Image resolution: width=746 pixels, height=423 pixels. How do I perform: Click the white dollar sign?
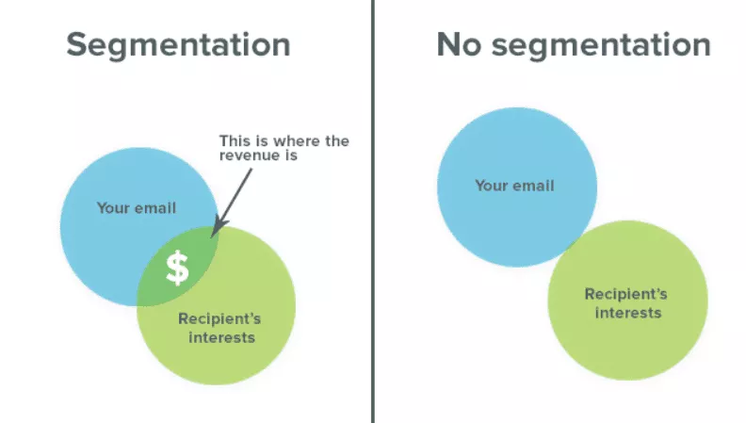177,268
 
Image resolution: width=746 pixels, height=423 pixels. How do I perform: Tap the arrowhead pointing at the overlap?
218,227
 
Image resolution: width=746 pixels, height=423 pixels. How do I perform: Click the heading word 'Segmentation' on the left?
178,45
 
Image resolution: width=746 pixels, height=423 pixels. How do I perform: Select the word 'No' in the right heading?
459,44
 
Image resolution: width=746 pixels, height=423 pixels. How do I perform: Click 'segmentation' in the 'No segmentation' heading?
601,46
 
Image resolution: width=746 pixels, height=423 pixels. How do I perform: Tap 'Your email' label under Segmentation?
137,208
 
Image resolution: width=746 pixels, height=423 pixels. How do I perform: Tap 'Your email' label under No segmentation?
515,185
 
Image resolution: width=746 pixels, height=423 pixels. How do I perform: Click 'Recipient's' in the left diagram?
219,318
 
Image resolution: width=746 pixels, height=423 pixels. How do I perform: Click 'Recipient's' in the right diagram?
625,294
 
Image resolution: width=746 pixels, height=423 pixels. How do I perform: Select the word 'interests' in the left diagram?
221,337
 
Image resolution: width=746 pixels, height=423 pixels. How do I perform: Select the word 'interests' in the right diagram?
628,313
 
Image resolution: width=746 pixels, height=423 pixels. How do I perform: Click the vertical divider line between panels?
373,211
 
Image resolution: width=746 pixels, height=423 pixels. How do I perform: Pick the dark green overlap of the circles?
178,268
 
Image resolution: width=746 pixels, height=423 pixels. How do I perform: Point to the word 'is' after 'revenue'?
292,155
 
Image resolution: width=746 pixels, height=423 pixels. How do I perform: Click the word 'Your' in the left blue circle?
113,208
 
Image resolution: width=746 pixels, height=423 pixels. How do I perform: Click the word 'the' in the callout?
337,140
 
